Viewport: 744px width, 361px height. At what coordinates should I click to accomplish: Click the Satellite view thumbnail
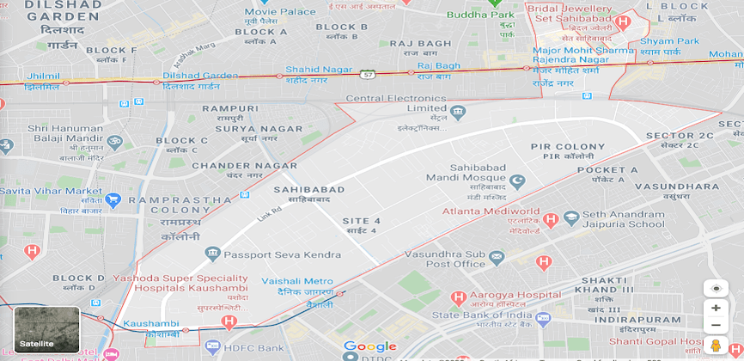point(47,329)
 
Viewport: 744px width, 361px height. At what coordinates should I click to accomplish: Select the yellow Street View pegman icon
point(716,346)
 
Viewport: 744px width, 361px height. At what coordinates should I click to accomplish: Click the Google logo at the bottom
point(369,347)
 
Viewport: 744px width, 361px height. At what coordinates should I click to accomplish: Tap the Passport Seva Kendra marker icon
point(212,254)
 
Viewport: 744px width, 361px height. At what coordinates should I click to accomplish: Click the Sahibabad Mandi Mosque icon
point(516,181)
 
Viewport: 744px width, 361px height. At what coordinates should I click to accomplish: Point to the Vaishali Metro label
point(297,281)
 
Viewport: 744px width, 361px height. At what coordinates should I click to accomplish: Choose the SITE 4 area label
point(361,221)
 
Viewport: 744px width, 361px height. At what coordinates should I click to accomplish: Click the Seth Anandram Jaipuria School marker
point(572,218)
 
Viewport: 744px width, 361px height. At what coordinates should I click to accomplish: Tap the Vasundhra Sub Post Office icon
point(496,257)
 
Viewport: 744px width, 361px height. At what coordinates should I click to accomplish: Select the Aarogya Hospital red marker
point(458,297)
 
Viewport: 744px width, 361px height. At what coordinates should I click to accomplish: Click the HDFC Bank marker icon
point(213,346)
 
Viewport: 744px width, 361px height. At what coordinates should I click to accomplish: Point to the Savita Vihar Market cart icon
point(113,200)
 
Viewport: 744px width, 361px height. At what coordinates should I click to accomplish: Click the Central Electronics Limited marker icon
point(458,113)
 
